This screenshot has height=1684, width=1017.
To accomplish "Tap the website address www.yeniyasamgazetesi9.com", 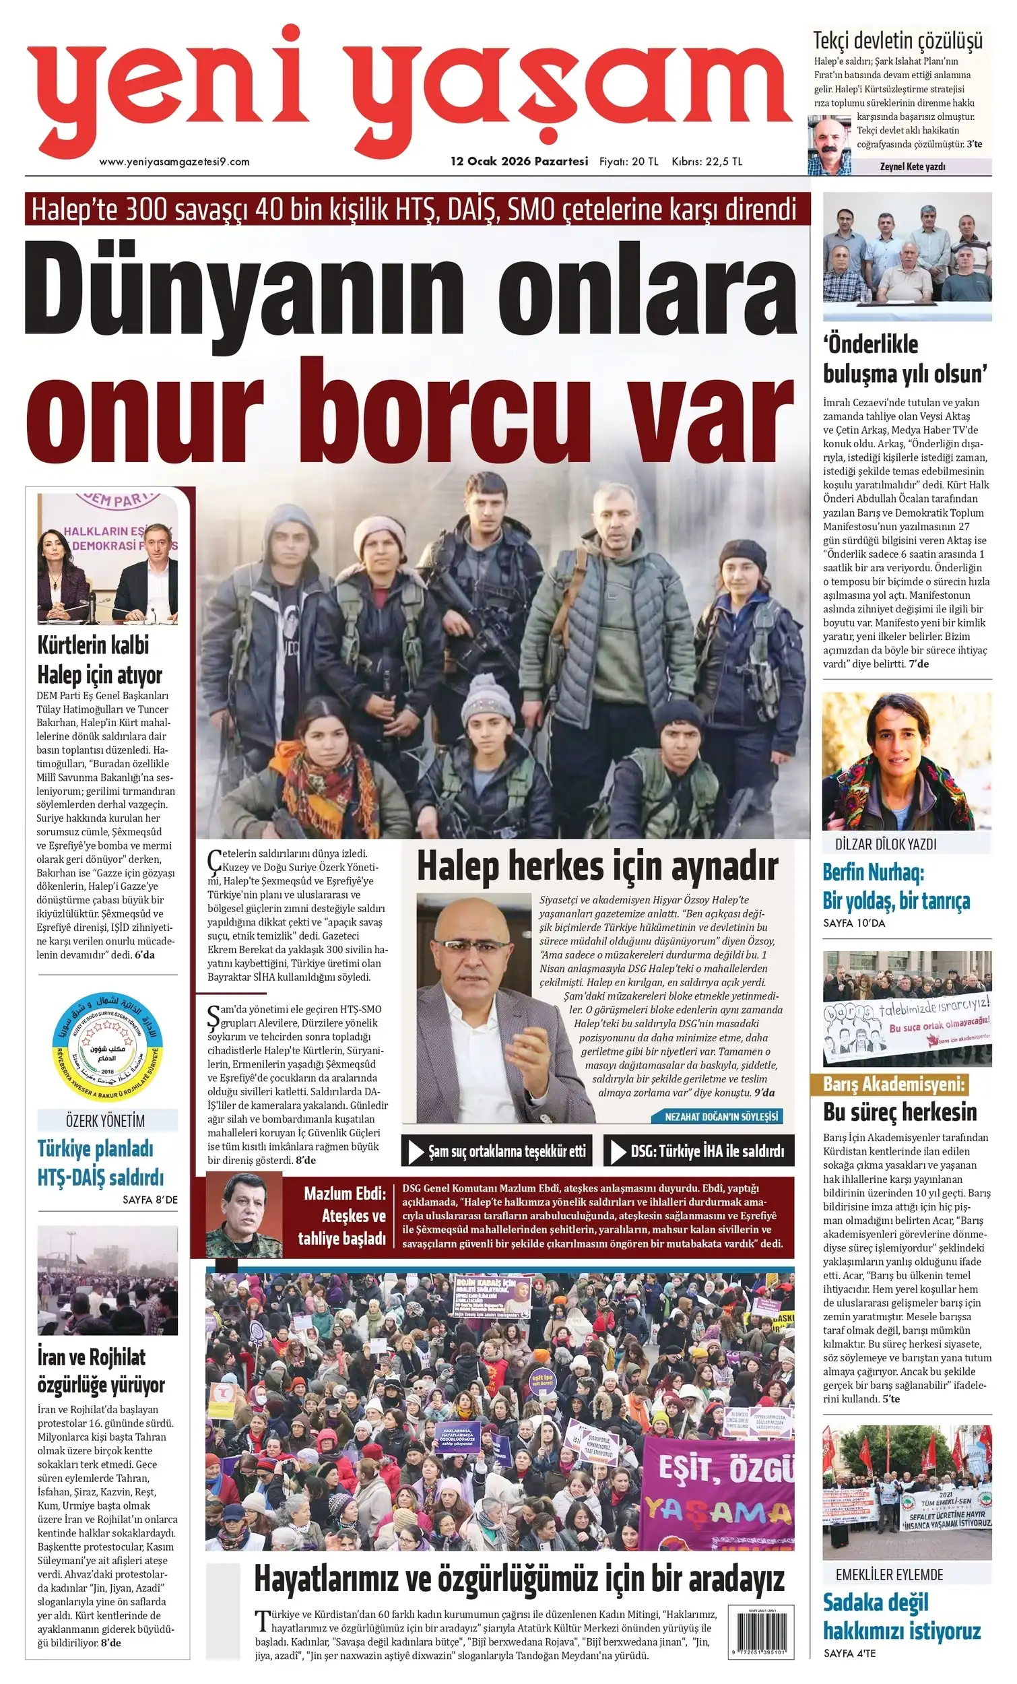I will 174,162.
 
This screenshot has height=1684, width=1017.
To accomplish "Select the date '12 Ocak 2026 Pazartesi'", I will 519,162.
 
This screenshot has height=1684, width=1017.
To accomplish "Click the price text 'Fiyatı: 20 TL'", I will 628,162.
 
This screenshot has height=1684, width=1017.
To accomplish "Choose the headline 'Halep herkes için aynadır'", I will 597,867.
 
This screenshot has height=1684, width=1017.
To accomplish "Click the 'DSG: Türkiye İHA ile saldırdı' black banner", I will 698,1151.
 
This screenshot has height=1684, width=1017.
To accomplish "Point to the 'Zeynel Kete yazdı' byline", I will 912,166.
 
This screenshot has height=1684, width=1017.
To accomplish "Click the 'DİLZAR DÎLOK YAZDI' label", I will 885,844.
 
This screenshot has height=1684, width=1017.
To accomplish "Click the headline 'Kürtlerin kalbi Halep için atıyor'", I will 100,659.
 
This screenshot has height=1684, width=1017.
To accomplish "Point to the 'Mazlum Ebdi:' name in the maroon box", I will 344,1194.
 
